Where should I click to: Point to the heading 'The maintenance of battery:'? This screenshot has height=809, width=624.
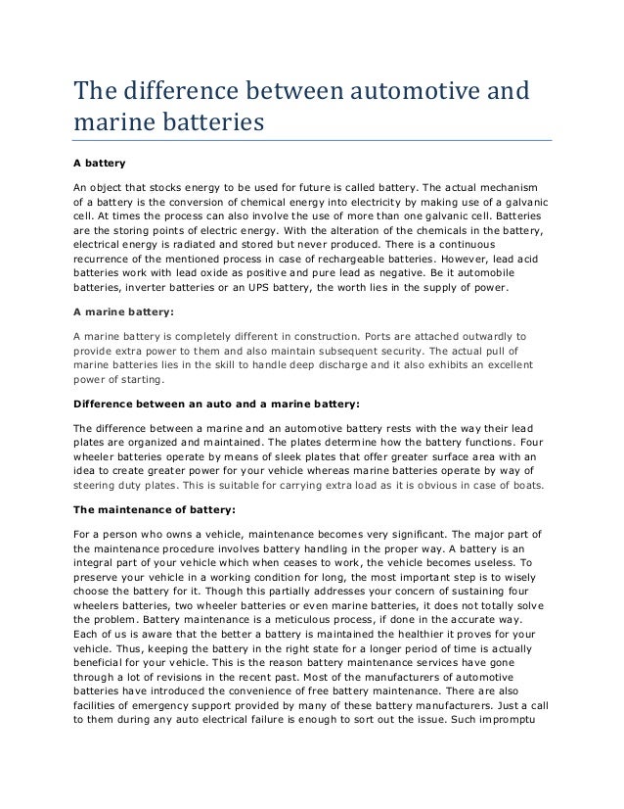coord(155,509)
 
